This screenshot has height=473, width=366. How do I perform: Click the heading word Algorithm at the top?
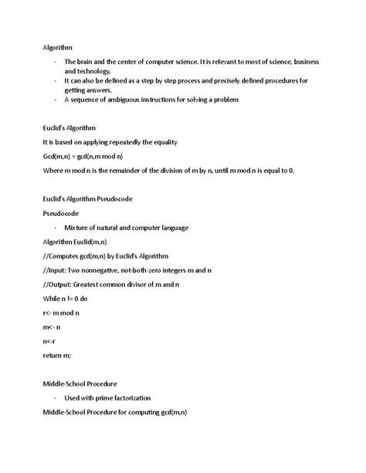58,48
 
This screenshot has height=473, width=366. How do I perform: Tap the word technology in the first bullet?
83,70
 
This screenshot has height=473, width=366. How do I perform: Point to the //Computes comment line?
104,255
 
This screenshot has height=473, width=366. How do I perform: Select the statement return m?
57,355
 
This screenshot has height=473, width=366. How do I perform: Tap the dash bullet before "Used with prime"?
56,397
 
